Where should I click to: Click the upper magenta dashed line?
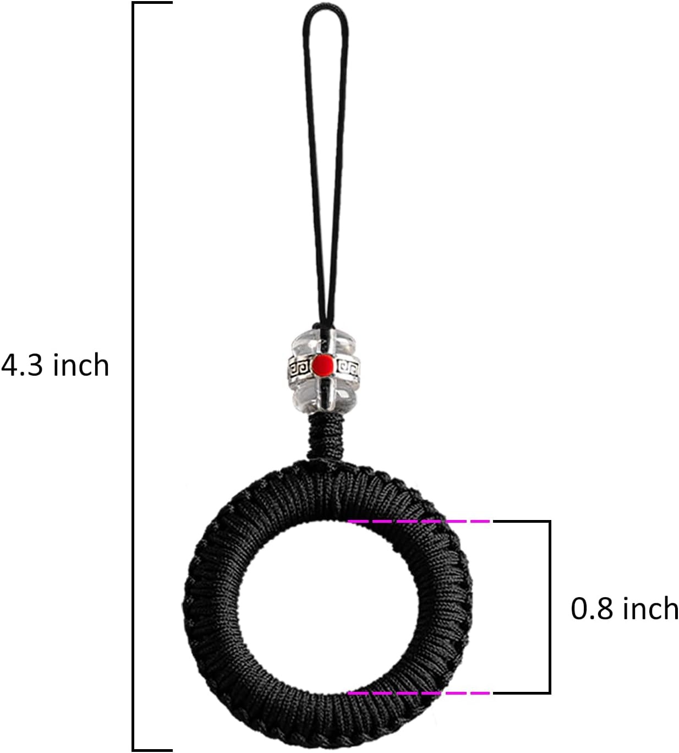point(419,522)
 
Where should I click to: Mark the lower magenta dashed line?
point(419,693)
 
